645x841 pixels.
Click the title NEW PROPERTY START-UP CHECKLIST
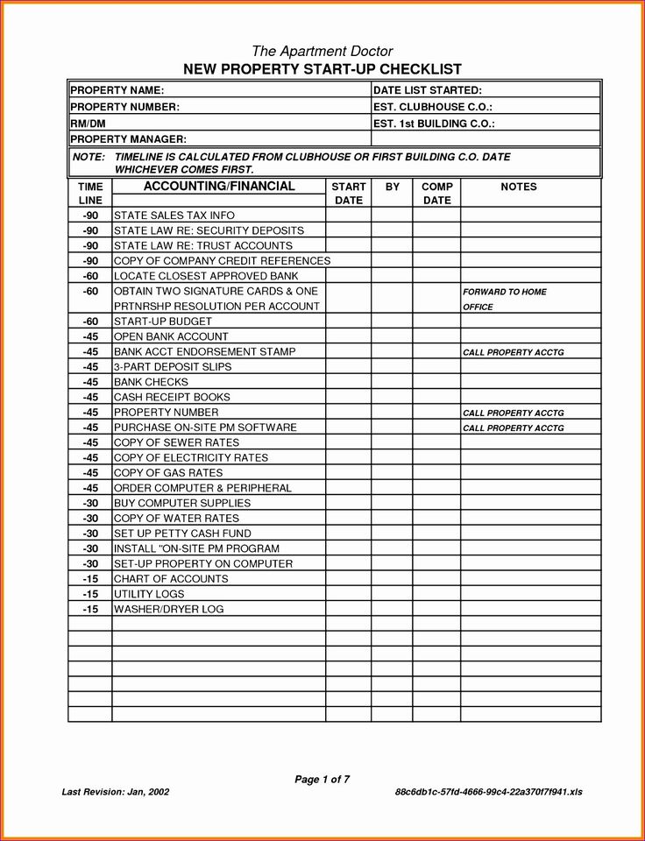click(x=322, y=69)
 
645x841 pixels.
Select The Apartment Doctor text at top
click(x=322, y=51)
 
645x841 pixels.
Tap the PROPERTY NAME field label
click(x=117, y=90)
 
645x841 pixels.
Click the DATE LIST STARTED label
click(x=428, y=90)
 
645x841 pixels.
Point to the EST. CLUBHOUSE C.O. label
click(x=431, y=107)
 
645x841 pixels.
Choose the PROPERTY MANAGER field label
click(x=128, y=139)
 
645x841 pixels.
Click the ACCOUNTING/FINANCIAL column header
click(x=219, y=187)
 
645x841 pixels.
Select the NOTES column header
click(x=519, y=187)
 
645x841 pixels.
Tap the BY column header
click(x=392, y=187)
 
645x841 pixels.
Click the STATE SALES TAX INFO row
click(x=174, y=216)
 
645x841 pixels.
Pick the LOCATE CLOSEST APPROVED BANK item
click(x=206, y=276)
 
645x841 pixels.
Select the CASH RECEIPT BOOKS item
click(x=172, y=397)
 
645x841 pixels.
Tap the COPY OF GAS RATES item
click(x=168, y=473)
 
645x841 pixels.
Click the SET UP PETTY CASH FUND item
click(x=182, y=534)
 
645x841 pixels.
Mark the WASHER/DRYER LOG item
click(x=169, y=609)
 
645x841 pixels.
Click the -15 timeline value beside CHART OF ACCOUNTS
click(x=90, y=579)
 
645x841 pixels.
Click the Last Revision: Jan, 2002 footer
click(x=115, y=792)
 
